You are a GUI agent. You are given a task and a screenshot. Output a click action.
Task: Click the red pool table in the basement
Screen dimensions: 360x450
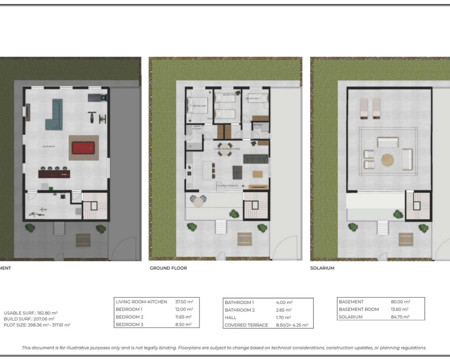tap(83, 148)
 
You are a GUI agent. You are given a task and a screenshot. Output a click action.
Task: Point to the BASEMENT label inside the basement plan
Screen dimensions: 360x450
tap(49, 147)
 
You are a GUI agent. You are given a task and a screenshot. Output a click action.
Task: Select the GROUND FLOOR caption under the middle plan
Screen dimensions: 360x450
tap(168, 268)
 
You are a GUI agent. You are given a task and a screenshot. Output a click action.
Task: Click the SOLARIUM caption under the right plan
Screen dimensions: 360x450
tap(322, 268)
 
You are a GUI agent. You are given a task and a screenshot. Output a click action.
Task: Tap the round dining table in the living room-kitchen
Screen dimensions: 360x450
tap(225, 146)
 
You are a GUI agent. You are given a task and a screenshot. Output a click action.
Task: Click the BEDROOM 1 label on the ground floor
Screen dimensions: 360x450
tap(199, 106)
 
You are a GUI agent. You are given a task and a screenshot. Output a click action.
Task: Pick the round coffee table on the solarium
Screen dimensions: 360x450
tap(387, 160)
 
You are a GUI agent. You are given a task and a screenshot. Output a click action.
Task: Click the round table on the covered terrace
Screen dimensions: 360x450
tap(199, 201)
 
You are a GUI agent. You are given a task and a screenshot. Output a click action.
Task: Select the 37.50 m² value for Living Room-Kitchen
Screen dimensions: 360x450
tap(184, 302)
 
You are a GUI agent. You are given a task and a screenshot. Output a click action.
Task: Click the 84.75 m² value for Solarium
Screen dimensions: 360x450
tap(400, 317)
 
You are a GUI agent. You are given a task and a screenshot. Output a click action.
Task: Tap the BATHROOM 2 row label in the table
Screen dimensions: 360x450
tap(240, 310)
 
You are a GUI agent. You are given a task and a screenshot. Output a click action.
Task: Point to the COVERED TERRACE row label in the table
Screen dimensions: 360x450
tap(246, 325)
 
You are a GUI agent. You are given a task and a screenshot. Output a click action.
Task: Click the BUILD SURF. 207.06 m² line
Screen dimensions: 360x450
tap(29, 319)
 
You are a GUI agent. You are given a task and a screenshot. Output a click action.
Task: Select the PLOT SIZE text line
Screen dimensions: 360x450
tap(37, 325)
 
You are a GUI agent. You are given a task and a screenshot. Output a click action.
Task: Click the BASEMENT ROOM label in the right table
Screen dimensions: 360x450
tap(359, 309)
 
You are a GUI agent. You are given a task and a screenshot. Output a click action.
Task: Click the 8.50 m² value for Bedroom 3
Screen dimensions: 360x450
tap(183, 325)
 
